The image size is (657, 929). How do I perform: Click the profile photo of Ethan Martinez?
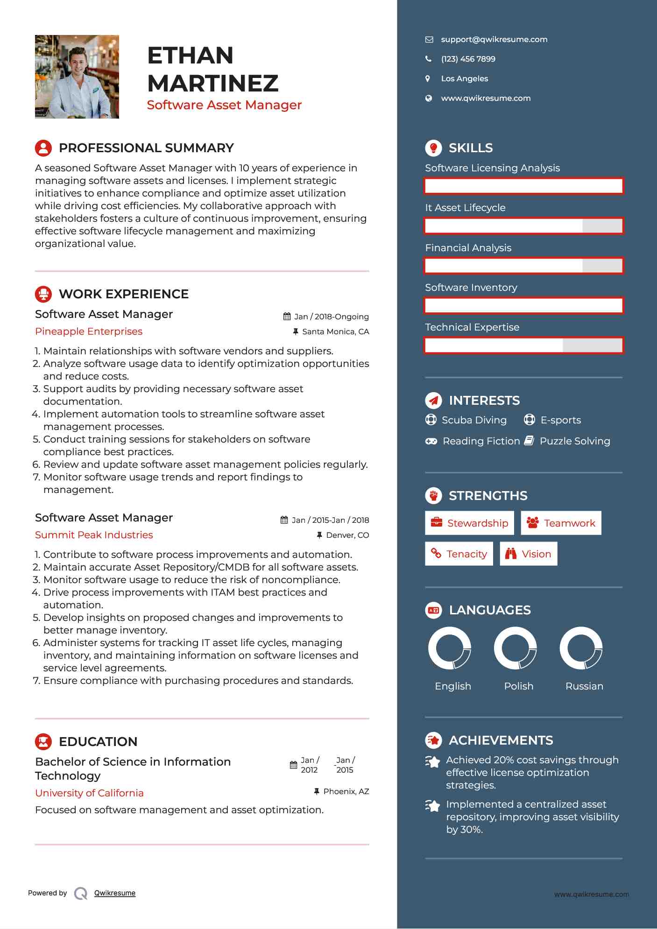coord(77,77)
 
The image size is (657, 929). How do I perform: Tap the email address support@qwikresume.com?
coord(494,40)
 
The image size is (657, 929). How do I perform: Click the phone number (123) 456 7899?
coord(468,59)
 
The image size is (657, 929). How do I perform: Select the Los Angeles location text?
coord(464,79)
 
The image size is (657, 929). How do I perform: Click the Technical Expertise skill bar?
coord(523,345)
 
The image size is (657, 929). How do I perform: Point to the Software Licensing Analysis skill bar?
coord(523,186)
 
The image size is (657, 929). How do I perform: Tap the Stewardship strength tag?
coord(469,523)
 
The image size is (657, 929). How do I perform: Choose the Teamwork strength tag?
coord(561,523)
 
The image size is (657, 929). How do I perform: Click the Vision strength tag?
coord(528,554)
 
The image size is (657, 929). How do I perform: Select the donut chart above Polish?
coord(516,648)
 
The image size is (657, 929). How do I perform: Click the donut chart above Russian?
coord(581,648)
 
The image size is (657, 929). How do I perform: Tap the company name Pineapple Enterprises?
coord(89,331)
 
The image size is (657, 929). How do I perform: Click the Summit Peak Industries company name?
coord(94,535)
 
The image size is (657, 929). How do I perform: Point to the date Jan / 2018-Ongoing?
coord(331,317)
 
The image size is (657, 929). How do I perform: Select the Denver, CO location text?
coord(347,535)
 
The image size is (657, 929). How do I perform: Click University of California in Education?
coord(89,793)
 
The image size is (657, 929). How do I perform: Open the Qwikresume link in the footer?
coord(115,893)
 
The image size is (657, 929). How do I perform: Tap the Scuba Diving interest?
coord(473,420)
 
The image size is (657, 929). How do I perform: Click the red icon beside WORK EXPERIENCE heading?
coord(43,294)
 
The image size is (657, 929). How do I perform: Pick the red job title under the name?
coord(224,105)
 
